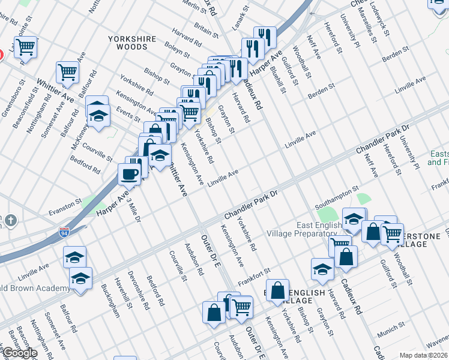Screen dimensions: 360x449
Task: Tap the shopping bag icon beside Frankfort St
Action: pos(277,291)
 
